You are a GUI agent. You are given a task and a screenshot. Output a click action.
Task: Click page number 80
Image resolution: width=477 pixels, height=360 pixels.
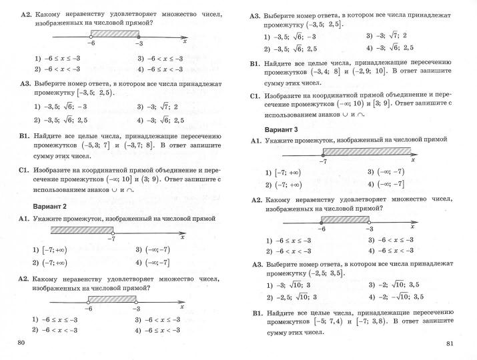pyautogui.click(x=20, y=343)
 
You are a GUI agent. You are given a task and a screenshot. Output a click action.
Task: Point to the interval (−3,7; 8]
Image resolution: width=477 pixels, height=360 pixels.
pyautogui.click(x=138, y=145)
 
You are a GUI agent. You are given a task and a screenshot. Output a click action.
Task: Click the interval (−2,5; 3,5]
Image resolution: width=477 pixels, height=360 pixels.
pyautogui.click(x=325, y=273)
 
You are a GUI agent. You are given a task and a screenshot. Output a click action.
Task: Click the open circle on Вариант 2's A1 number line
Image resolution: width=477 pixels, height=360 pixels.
pyautogui.click(x=113, y=230)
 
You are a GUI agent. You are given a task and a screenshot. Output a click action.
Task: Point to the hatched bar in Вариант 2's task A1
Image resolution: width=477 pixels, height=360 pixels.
pyautogui.click(x=81, y=230)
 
